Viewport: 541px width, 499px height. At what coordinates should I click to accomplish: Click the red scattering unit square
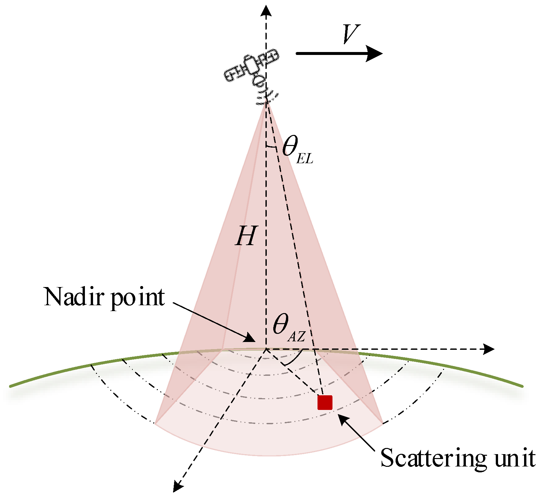point(325,402)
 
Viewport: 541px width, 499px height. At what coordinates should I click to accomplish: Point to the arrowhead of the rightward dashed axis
point(489,349)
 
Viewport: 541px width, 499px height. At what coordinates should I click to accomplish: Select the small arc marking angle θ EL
point(271,147)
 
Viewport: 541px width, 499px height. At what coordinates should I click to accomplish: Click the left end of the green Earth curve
point(12,386)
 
